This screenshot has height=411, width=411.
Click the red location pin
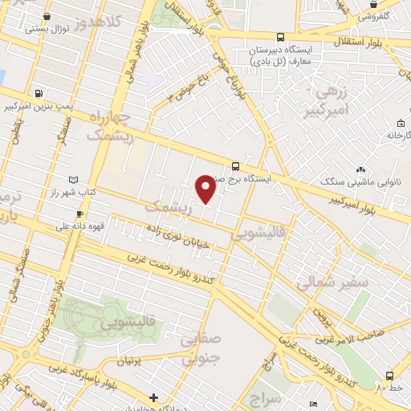[x=205, y=189]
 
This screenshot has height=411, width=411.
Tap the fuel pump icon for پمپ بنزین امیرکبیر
[x=40, y=93]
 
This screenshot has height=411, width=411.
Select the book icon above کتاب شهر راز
[x=75, y=180]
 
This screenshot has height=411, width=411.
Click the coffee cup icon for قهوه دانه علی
[x=79, y=213]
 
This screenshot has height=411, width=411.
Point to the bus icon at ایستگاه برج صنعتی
[x=234, y=166]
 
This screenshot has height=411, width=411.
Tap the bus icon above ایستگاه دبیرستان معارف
[x=279, y=37]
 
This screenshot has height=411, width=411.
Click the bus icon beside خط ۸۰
[x=389, y=376]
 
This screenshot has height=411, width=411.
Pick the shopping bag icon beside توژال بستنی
[x=48, y=16]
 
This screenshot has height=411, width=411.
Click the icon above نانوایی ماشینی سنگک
[x=360, y=169]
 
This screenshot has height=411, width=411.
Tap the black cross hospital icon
[x=153, y=397]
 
